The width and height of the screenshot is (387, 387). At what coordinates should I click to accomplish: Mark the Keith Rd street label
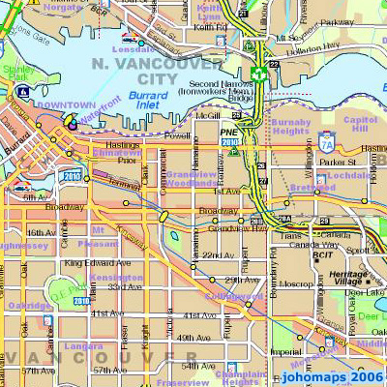tap(207, 28)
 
